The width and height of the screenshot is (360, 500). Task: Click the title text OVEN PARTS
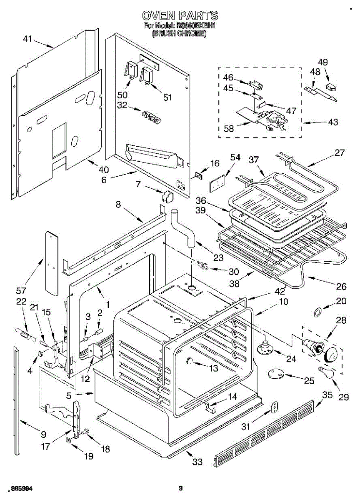pyautogui.click(x=180, y=16)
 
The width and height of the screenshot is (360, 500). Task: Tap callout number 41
pyautogui.click(x=27, y=39)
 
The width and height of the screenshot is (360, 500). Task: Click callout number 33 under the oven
pyautogui.click(x=197, y=462)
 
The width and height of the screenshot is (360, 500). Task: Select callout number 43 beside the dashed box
pyautogui.click(x=333, y=122)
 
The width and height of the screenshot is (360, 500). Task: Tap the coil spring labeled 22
pyautogui.click(x=25, y=333)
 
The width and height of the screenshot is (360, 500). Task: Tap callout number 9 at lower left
pyautogui.click(x=43, y=435)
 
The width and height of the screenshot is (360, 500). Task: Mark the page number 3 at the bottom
pyautogui.click(x=180, y=488)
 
